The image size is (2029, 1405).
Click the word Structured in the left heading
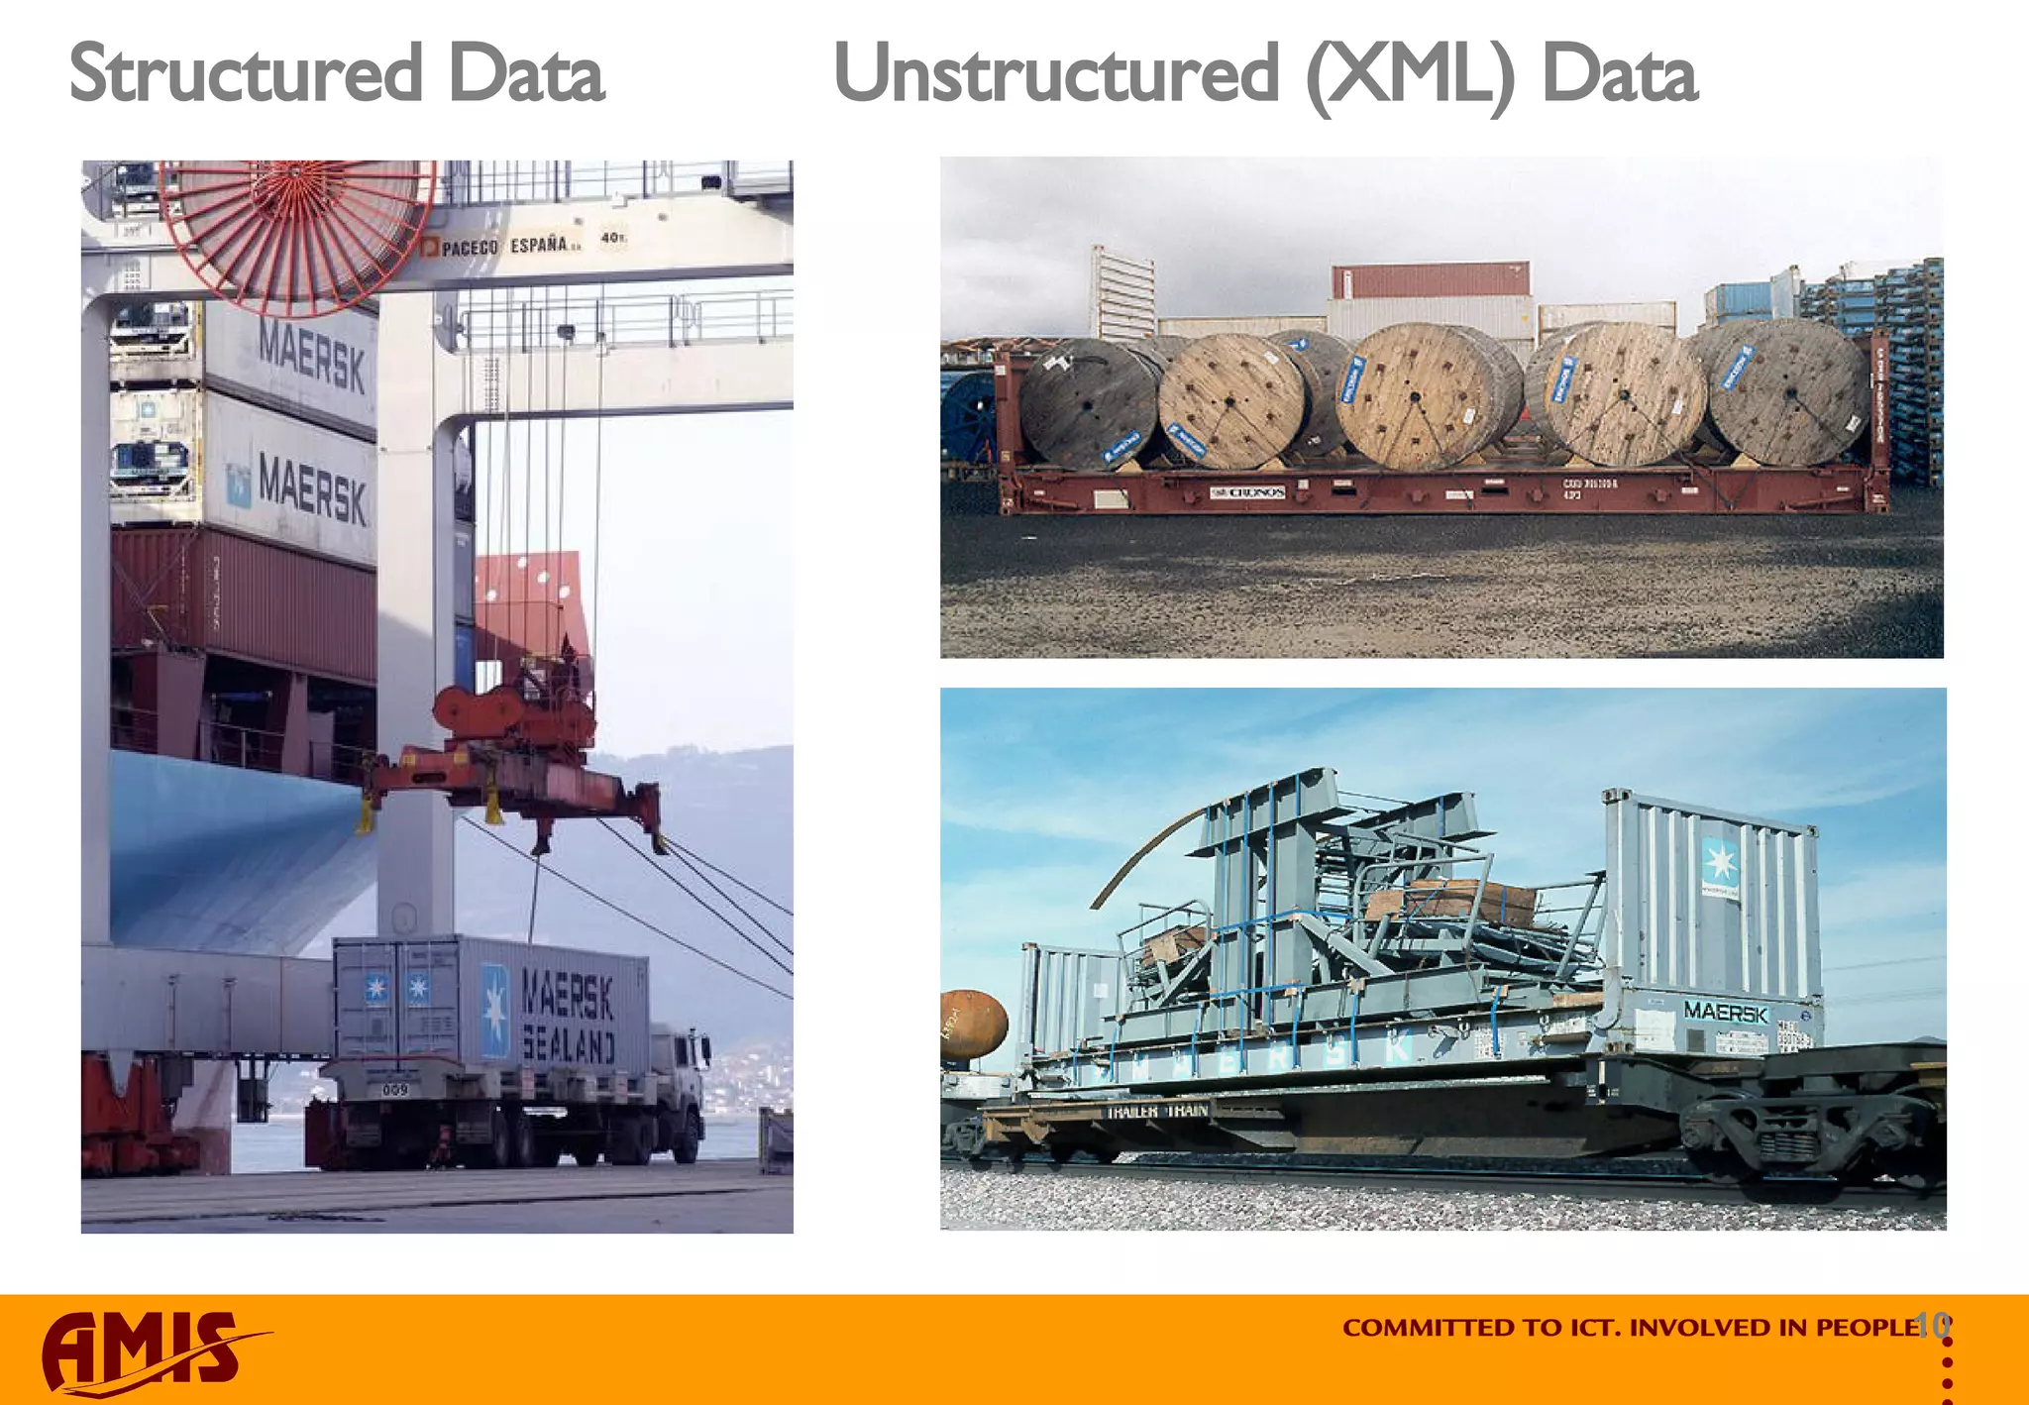[246, 74]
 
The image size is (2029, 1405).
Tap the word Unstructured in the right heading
[1056, 74]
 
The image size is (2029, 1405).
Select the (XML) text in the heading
[1410, 77]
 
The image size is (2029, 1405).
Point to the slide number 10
[1932, 1324]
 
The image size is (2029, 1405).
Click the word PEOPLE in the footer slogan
[1868, 1328]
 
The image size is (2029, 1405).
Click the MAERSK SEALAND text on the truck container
[568, 1016]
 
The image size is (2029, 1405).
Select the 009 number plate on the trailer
[394, 1090]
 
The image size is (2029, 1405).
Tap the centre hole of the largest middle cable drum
[1415, 397]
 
